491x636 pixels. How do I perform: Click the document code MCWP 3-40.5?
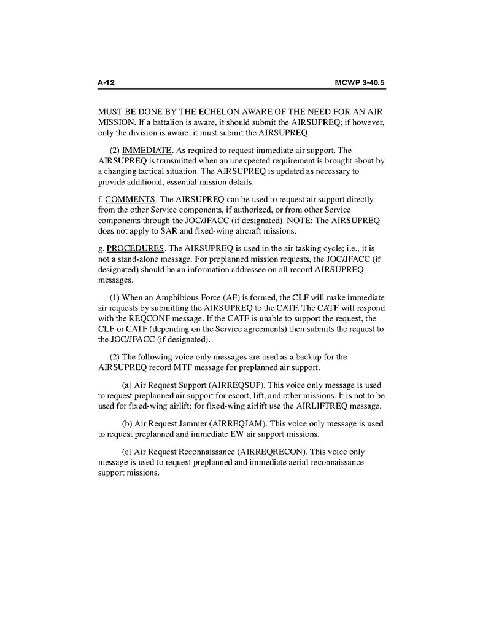coord(363,82)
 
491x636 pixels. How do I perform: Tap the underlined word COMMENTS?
coord(130,200)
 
